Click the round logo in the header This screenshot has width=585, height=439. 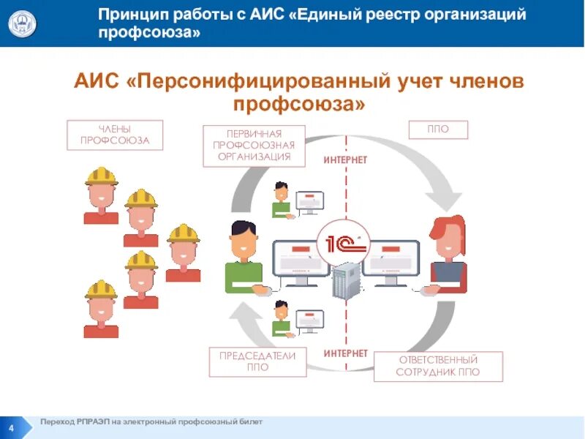[x=22, y=23]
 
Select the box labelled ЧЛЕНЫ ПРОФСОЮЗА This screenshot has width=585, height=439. [x=115, y=135]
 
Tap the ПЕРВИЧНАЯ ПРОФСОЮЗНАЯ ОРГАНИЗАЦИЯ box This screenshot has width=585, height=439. [x=253, y=146]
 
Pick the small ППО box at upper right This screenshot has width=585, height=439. [x=438, y=130]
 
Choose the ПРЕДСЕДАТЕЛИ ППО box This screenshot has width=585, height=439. [x=257, y=361]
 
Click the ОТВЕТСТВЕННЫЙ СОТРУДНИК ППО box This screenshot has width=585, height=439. [x=438, y=366]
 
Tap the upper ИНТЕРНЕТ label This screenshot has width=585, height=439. [x=345, y=160]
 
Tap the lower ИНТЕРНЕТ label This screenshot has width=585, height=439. [x=346, y=353]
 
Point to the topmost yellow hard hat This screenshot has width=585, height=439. [x=101, y=176]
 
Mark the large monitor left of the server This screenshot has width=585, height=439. [x=301, y=260]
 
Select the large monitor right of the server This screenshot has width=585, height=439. [x=390, y=260]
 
